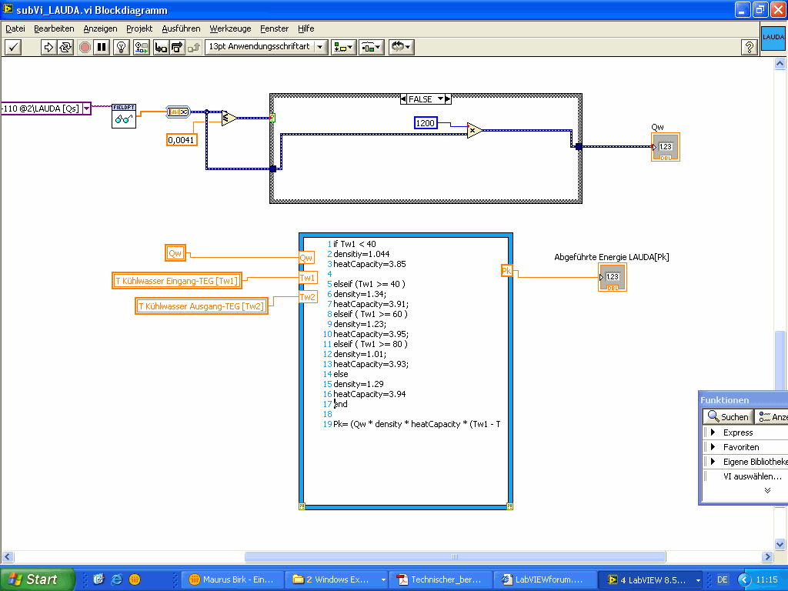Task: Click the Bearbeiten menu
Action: [54, 28]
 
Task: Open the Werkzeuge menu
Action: [230, 28]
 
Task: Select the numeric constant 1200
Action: [425, 123]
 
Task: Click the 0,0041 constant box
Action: [181, 139]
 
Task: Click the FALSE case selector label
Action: [421, 99]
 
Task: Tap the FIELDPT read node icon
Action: [124, 115]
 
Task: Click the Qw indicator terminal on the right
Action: [666, 147]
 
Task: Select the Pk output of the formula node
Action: [506, 270]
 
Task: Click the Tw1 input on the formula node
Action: [307, 278]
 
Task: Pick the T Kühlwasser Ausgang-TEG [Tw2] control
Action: [201, 306]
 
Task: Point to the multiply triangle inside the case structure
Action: [474, 131]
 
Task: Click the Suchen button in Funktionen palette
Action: [727, 416]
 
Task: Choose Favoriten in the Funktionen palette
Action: [740, 447]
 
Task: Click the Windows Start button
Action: [37, 579]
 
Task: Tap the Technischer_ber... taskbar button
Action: [439, 579]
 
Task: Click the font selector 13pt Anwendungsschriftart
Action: [265, 47]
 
